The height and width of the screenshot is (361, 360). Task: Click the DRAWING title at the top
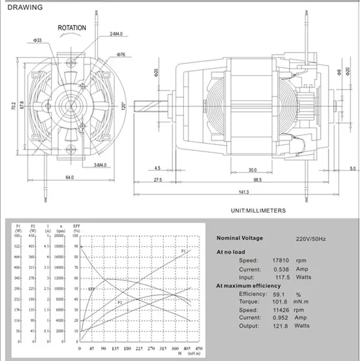[x=24, y=8]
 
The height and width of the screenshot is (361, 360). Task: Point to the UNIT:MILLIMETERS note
[x=257, y=210]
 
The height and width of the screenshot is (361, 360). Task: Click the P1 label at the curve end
[x=183, y=249]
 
